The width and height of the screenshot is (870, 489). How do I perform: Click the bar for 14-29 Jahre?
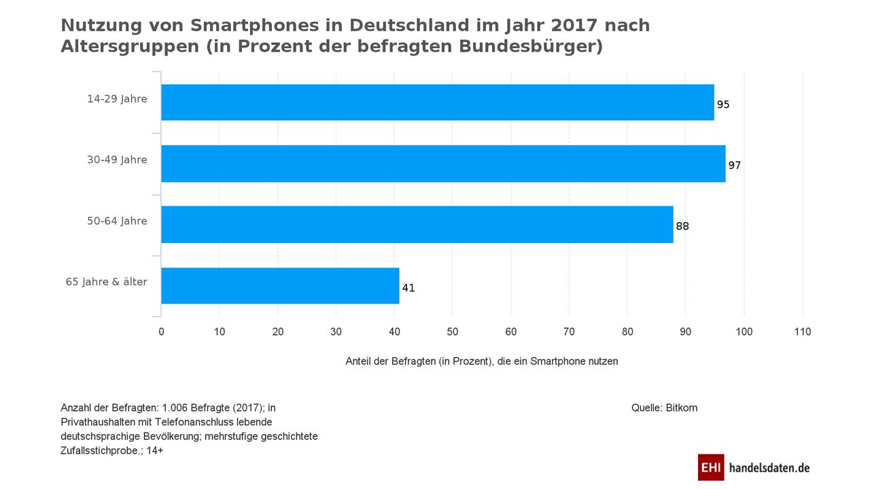437,103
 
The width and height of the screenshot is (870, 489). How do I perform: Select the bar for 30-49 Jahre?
443,164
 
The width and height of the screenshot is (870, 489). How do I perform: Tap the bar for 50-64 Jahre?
417,225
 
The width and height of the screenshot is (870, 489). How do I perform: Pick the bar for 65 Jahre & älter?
280,286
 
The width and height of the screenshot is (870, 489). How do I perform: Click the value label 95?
723,105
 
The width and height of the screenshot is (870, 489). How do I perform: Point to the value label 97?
734,166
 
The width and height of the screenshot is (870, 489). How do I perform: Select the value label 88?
682,227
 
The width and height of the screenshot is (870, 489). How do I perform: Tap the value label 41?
408,288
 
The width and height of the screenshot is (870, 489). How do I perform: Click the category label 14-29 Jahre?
117,99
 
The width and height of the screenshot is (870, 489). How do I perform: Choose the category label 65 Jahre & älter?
106,282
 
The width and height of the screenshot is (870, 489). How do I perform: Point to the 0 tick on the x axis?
161,332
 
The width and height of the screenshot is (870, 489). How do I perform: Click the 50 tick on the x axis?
453,332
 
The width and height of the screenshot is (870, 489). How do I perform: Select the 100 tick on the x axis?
744,332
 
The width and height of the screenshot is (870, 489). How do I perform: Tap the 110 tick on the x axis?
803,332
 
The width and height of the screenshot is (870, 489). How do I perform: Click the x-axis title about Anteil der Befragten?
482,361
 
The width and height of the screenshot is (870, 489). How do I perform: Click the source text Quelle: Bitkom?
664,408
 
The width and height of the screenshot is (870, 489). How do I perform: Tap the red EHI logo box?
711,467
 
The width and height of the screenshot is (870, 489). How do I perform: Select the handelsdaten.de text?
769,468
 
